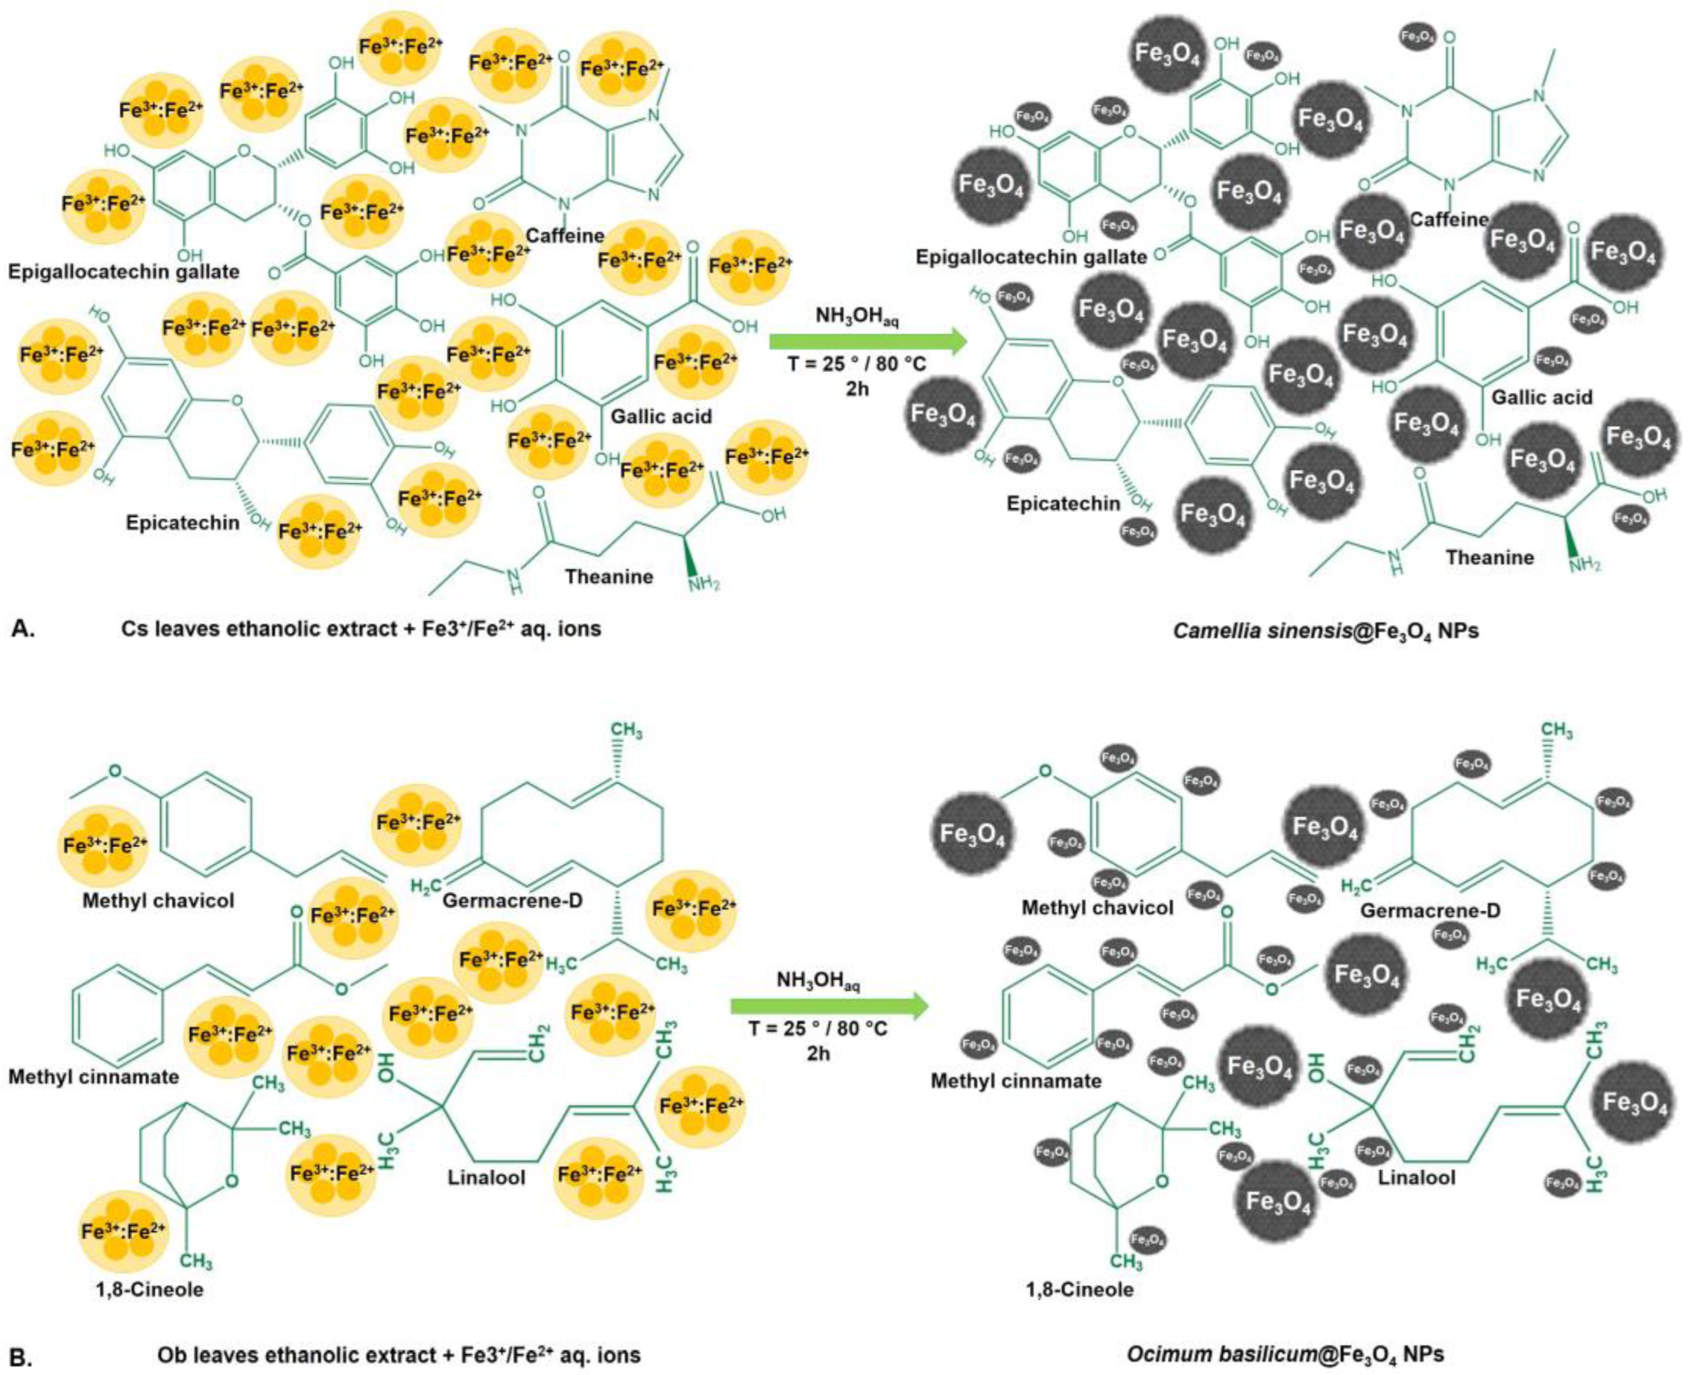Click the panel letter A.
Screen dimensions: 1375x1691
click(25, 629)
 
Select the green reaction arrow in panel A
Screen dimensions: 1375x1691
click(867, 342)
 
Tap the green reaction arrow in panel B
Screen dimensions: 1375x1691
click(828, 1007)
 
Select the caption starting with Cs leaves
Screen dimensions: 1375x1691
click(361, 629)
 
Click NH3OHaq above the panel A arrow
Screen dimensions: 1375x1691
click(857, 318)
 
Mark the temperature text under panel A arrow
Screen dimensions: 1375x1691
click(856, 366)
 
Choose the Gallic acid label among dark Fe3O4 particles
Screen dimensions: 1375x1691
click(1541, 397)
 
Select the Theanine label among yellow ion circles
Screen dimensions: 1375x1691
click(609, 576)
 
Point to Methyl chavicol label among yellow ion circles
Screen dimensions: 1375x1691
click(158, 901)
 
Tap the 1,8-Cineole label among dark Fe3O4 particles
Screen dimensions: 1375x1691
click(1080, 1289)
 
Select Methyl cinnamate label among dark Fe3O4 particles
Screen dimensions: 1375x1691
click(1016, 1080)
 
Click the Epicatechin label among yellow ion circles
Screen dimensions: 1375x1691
click(182, 523)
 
